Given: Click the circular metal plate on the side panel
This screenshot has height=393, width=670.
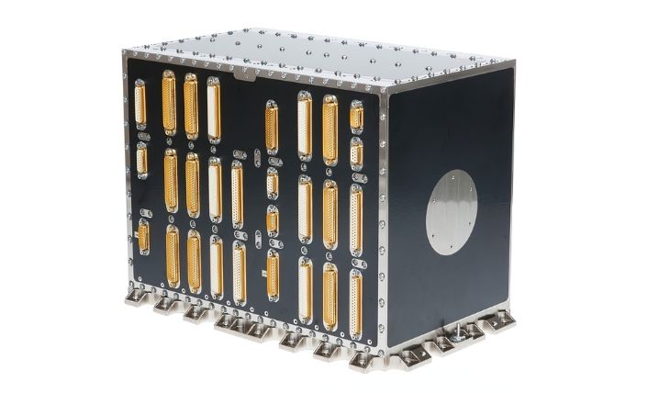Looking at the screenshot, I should tap(452, 211).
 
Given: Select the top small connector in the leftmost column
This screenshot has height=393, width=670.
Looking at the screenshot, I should tap(140, 104).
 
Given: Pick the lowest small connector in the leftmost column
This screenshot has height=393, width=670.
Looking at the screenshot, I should tap(143, 237).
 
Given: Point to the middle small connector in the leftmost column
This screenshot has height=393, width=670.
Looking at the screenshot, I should tap(142, 159).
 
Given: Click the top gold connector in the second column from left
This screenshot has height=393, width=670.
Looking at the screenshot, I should tap(169, 103).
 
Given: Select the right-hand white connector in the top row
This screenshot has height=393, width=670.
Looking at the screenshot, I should tap(305, 124).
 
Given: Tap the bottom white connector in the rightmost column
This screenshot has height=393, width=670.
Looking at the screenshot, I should tap(355, 302).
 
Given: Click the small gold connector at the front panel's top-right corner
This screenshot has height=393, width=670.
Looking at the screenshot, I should tap(356, 116).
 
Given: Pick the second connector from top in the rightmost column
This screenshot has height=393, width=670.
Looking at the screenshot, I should tap(356, 153).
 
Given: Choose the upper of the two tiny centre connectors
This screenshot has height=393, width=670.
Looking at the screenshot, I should tap(273, 183).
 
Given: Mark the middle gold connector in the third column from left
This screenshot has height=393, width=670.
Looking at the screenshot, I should tap(192, 185).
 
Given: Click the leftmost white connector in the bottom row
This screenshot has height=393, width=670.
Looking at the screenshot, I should tap(217, 267).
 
